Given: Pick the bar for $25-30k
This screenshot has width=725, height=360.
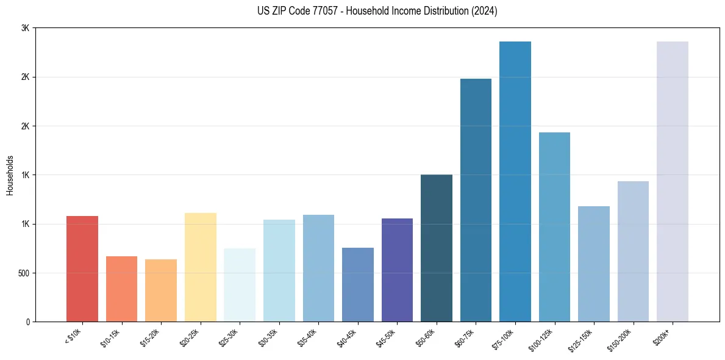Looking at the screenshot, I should pyautogui.click(x=240, y=285).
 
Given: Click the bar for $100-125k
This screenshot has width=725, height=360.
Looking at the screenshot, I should pyautogui.click(x=554, y=227).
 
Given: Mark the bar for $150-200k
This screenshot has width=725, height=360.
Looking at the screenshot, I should pyautogui.click(x=633, y=251).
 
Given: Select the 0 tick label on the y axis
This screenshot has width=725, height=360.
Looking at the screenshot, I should pyautogui.click(x=27, y=322).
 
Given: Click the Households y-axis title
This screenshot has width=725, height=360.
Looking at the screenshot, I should pyautogui.click(x=10, y=175).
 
